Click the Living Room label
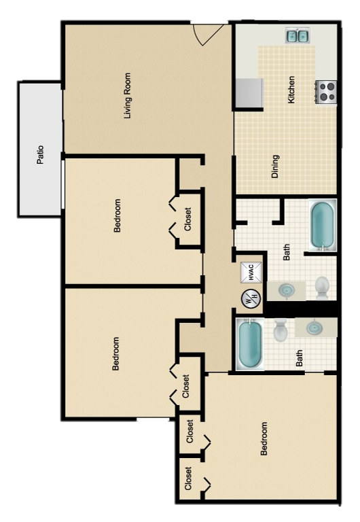pyautogui.click(x=127, y=96)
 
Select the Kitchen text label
pyautogui.click(x=291, y=89)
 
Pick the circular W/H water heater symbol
pyautogui.click(x=251, y=297)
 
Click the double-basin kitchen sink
pyautogui.click(x=298, y=35)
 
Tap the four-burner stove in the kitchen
pyautogui.click(x=326, y=91)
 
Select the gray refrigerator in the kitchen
pyautogui.click(x=249, y=93)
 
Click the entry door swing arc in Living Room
pyautogui.click(x=208, y=34)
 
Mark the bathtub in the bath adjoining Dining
pyautogui.click(x=323, y=224)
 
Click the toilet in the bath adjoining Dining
pyautogui.click(x=323, y=286)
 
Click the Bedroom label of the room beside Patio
pyautogui.click(x=117, y=216)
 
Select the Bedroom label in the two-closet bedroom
pyautogui.click(x=264, y=438)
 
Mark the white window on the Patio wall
pyautogui.click(x=63, y=184)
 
